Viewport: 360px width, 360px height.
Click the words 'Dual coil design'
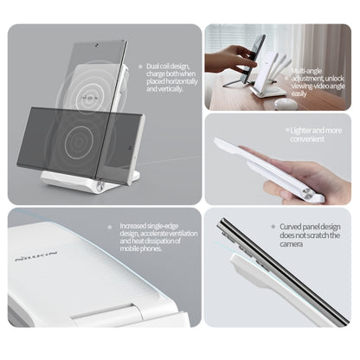tap(165, 67)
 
